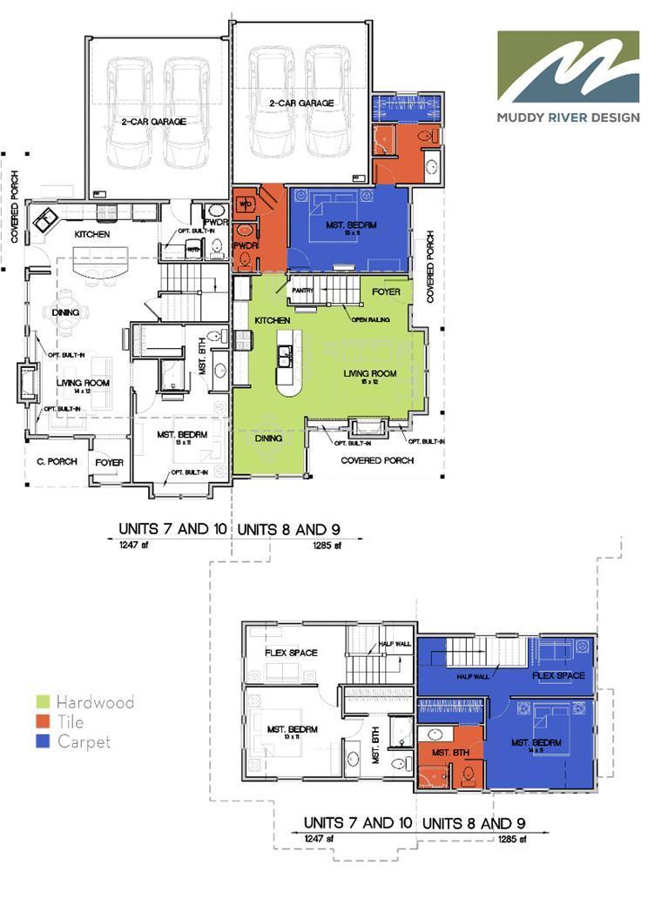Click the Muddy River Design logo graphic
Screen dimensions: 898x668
pyautogui.click(x=568, y=67)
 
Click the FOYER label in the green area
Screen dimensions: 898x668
pyautogui.click(x=386, y=292)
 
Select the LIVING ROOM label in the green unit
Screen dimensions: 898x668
pyautogui.click(x=369, y=373)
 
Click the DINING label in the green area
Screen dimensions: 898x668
pyautogui.click(x=269, y=439)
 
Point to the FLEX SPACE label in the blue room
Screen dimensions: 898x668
pyautogui.click(x=558, y=675)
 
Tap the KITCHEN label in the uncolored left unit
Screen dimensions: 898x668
pyautogui.click(x=91, y=235)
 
